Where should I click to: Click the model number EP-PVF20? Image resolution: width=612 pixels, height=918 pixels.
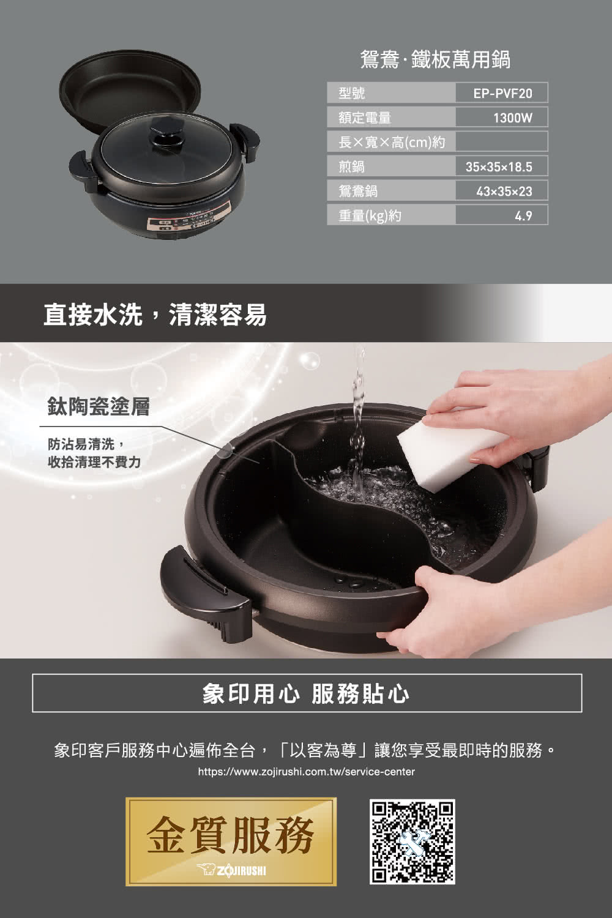502,93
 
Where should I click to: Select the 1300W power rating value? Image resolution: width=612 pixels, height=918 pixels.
512,118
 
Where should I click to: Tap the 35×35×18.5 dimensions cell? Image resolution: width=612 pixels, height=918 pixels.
498,166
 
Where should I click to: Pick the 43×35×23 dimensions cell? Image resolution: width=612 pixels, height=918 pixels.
504,191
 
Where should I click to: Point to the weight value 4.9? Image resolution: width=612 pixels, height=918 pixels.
523,215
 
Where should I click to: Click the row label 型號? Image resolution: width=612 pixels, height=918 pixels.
352,93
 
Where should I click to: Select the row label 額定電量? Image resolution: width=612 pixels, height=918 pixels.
365,118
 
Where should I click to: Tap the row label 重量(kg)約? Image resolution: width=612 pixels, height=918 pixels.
370,215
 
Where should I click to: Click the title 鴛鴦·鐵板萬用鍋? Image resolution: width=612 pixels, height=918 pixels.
435,60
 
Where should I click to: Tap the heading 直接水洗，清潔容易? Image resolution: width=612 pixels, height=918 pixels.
155,315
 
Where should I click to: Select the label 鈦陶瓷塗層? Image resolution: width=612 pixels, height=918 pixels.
99,406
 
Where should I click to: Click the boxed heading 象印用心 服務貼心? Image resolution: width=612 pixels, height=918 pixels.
306,693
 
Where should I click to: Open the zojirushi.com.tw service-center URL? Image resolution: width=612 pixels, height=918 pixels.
306,772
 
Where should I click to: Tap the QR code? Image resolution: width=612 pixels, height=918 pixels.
412,841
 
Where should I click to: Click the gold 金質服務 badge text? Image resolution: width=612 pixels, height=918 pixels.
231,834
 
